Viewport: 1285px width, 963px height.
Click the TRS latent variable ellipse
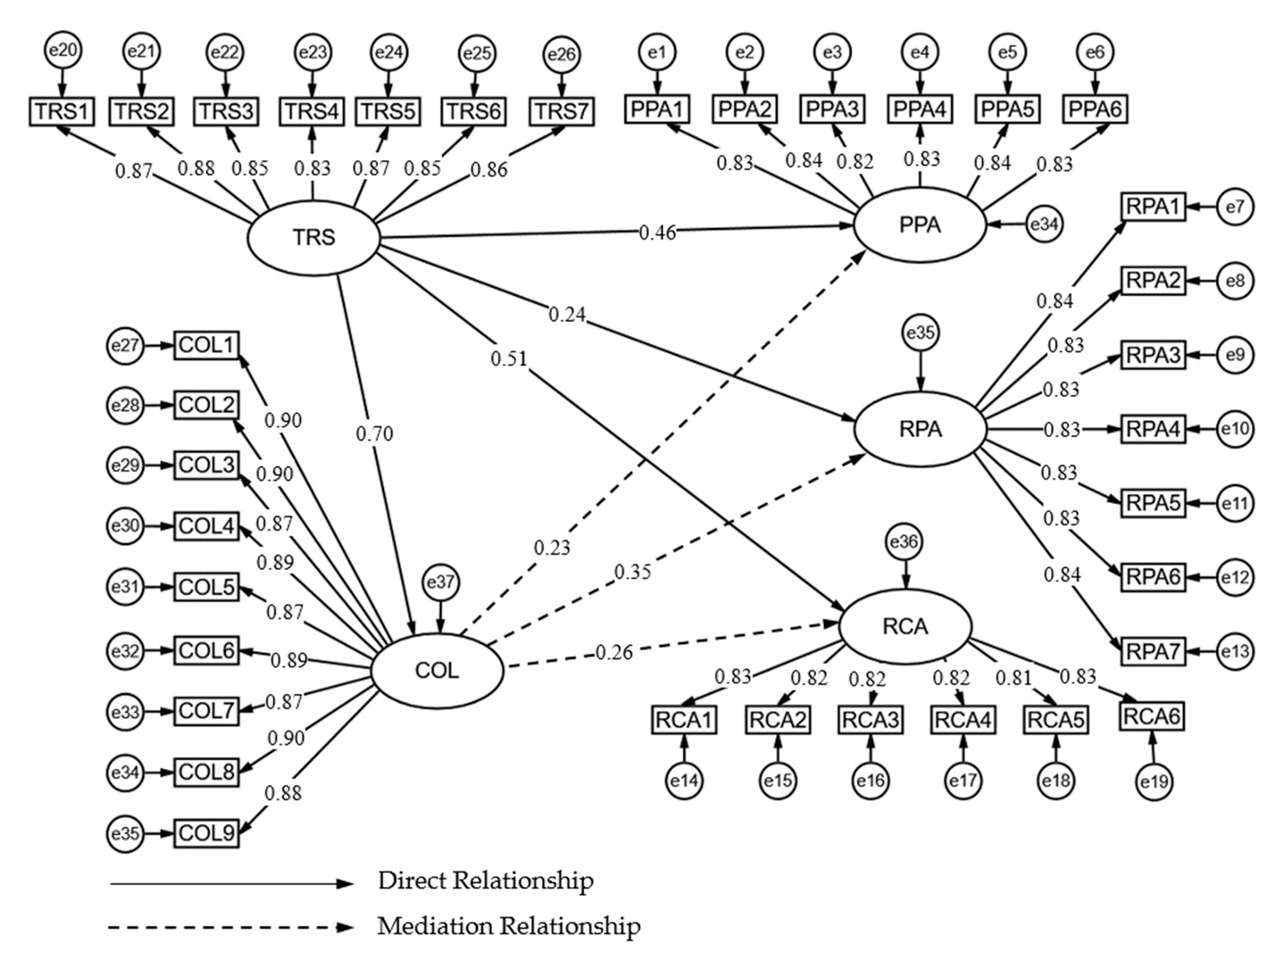(x=314, y=237)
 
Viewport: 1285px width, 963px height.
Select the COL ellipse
(x=437, y=671)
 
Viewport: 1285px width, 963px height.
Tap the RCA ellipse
(x=905, y=626)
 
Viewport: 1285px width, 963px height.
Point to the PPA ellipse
(x=920, y=225)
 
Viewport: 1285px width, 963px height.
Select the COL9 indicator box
(x=206, y=834)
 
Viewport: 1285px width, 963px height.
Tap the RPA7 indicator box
(x=1152, y=651)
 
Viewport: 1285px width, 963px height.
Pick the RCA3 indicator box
(x=870, y=720)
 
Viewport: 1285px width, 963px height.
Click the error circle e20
(x=63, y=50)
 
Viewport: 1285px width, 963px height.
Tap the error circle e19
(x=1154, y=782)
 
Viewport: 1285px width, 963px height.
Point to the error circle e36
(x=904, y=541)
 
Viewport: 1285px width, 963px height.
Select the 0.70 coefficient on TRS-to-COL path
(x=374, y=434)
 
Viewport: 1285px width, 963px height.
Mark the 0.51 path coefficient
(x=508, y=359)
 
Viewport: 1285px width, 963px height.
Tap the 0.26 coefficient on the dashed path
(x=613, y=652)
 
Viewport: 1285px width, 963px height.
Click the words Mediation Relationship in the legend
(x=509, y=926)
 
